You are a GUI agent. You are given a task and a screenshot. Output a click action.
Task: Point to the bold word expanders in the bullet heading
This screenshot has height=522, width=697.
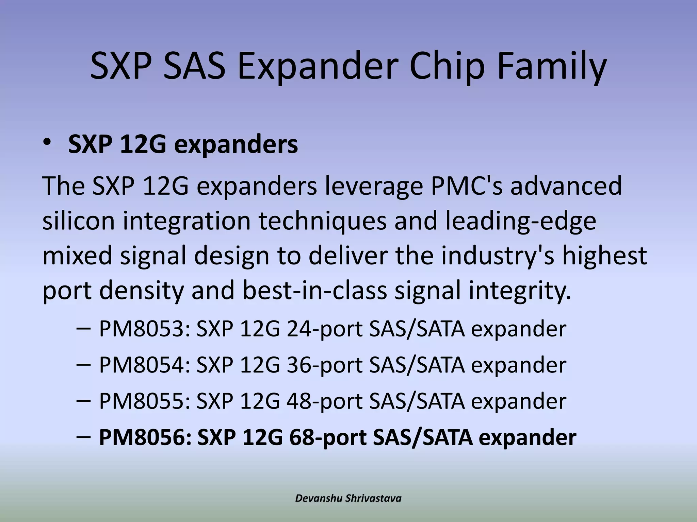(236, 145)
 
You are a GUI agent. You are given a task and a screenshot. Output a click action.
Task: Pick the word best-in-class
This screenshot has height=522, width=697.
(315, 291)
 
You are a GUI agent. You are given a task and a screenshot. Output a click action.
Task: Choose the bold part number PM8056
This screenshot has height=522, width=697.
(145, 437)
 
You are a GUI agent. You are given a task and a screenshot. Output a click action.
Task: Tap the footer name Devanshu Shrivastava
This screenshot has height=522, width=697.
(348, 498)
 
